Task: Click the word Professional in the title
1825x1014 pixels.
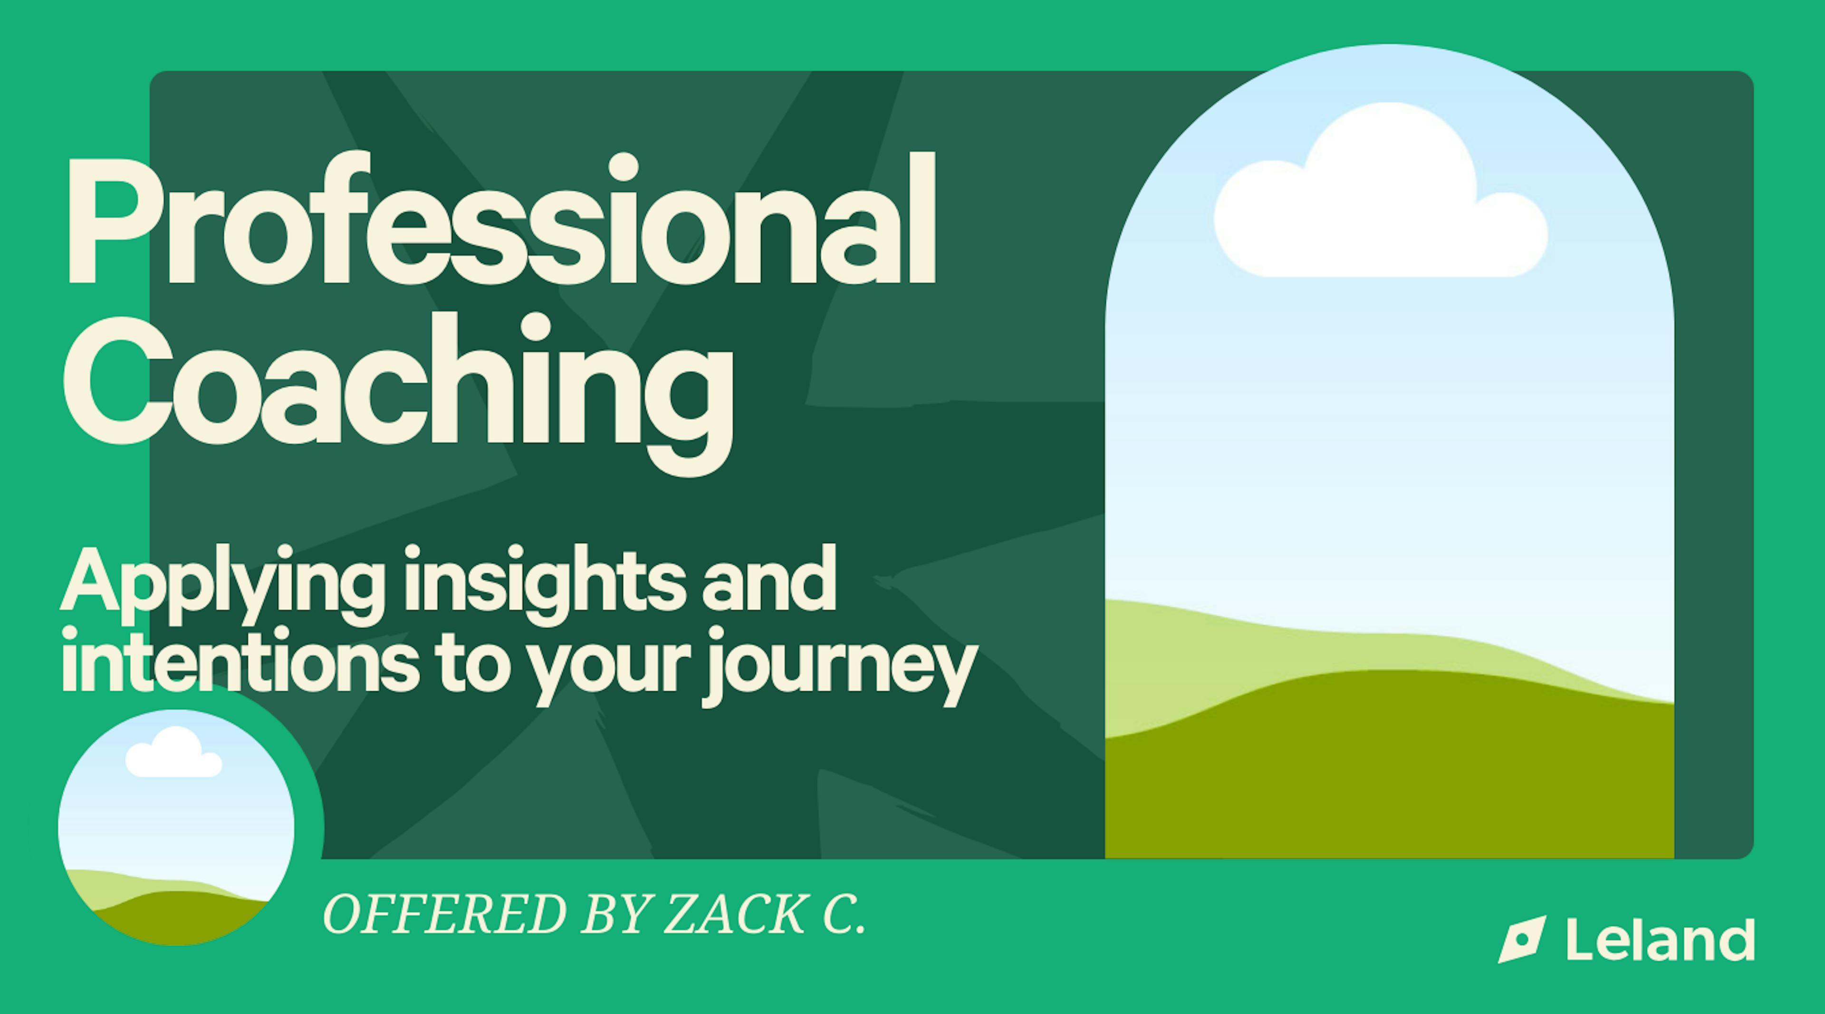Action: (x=500, y=219)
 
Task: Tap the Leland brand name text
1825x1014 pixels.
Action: (x=1660, y=939)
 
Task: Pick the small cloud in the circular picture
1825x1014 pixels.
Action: (x=173, y=753)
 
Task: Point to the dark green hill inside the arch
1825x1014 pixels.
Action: (x=1389, y=773)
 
